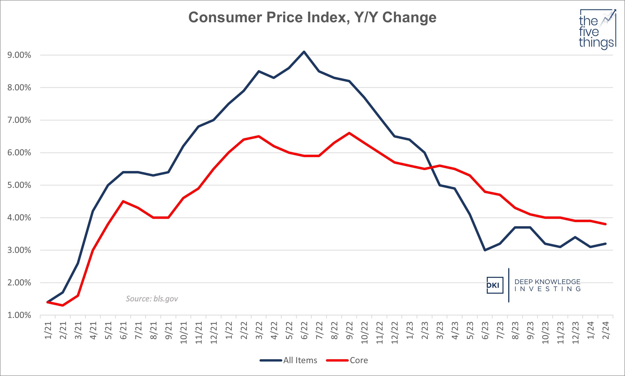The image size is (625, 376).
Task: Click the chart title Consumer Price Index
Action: click(x=312, y=17)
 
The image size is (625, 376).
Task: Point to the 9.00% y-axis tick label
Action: click(x=19, y=55)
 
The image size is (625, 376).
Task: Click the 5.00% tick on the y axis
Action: click(x=19, y=185)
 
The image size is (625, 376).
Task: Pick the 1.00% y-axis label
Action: click(x=19, y=315)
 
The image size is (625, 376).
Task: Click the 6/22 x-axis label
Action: click(x=304, y=331)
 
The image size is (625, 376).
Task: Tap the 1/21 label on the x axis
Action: click(x=48, y=331)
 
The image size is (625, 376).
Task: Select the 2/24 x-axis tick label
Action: click(x=606, y=331)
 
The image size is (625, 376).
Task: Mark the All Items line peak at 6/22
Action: click(x=304, y=52)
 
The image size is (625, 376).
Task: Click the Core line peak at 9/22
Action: click(x=349, y=133)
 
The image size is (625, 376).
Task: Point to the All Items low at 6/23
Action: click(x=485, y=250)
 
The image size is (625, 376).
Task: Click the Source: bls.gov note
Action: click(x=152, y=299)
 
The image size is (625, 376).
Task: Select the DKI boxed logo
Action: click(x=495, y=285)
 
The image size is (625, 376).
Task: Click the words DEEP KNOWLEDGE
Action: click(x=547, y=282)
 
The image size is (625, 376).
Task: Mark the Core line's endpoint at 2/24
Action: click(x=605, y=224)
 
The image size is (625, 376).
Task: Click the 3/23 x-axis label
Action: click(x=440, y=331)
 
